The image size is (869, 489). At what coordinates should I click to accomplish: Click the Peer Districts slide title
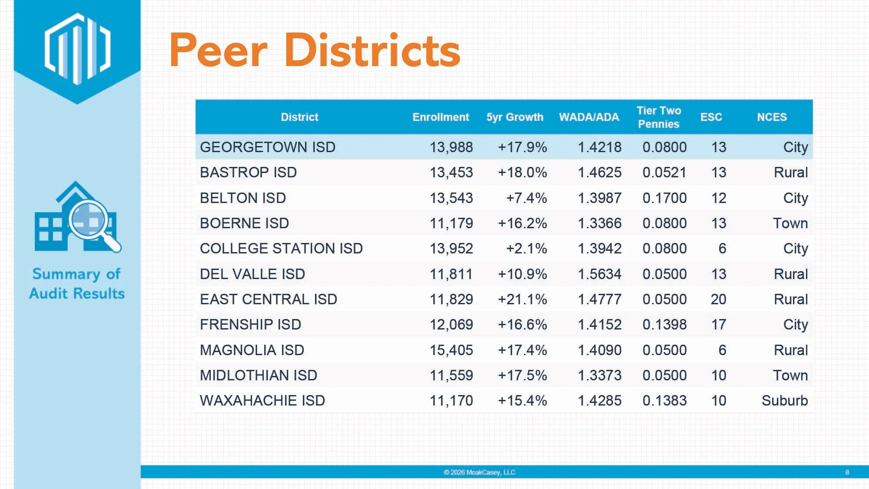point(315,50)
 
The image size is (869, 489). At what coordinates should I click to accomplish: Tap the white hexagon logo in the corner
point(78,49)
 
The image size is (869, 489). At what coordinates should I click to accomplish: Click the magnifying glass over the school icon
point(94,225)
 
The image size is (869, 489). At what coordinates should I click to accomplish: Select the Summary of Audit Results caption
point(77,283)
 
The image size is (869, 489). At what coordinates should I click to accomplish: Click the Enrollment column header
point(441,117)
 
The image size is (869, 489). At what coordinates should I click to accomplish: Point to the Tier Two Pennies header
point(659,117)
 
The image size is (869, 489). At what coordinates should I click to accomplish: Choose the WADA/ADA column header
point(589,117)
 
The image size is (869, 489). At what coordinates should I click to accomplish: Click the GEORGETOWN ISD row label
point(268,147)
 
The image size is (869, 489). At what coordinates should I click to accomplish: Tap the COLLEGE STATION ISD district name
point(281,248)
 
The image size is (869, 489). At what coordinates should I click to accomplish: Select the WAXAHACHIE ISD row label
point(262,400)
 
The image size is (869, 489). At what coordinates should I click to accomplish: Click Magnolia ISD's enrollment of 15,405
point(451,350)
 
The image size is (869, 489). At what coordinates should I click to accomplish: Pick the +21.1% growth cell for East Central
point(522,299)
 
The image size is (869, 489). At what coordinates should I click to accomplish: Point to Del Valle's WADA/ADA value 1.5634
point(600,274)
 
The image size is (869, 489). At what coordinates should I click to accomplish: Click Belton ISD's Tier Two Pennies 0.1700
point(664,198)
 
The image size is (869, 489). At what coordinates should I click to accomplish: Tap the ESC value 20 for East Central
point(719,299)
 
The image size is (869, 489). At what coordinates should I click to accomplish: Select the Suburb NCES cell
point(785,400)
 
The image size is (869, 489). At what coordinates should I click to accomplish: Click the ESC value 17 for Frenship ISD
point(719,324)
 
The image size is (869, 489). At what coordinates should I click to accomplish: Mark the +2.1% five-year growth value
point(527,248)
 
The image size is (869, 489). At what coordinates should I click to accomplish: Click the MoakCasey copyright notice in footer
point(479,472)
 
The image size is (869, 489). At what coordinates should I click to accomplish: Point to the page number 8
point(847,472)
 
